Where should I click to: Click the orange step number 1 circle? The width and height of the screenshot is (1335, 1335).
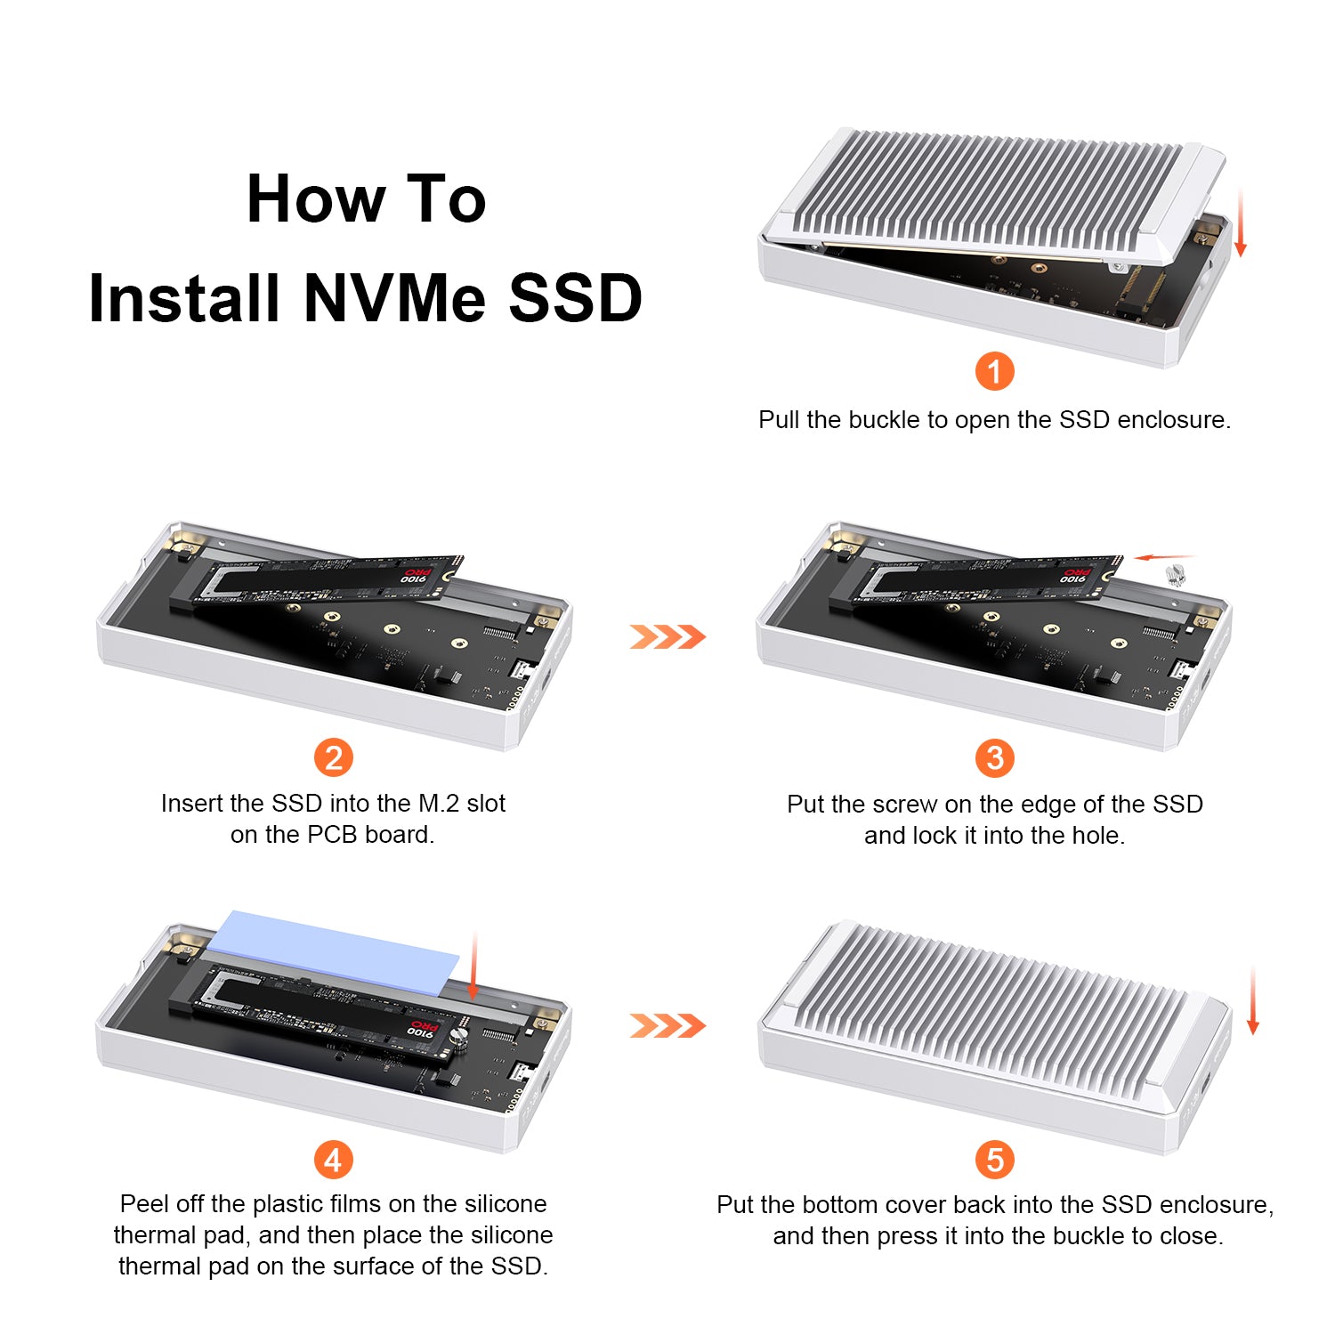pos(995,371)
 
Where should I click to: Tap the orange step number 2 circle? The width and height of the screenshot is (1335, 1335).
pos(334,758)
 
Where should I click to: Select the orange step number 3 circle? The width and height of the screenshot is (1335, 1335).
pos(995,758)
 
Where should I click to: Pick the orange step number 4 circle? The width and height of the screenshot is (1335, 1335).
pos(334,1160)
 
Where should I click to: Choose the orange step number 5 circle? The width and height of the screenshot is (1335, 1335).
pos(995,1160)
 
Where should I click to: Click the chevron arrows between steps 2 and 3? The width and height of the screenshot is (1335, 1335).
pos(667,636)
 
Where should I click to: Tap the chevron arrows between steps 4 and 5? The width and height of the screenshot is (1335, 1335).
pos(667,1025)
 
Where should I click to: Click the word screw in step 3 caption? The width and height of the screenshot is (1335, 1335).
pos(906,805)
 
